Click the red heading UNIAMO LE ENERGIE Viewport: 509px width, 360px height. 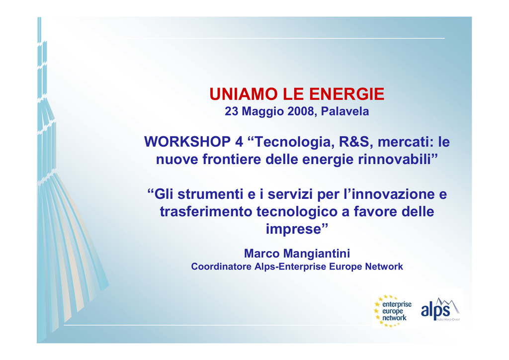[297, 94]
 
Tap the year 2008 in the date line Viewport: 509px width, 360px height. [301, 111]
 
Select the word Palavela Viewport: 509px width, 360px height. [345, 111]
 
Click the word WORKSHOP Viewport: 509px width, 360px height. [187, 142]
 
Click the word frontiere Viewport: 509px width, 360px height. [232, 160]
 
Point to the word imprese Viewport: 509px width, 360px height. [293, 230]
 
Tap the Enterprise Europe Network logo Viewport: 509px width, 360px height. [393, 311]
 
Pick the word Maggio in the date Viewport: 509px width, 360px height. [262, 112]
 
